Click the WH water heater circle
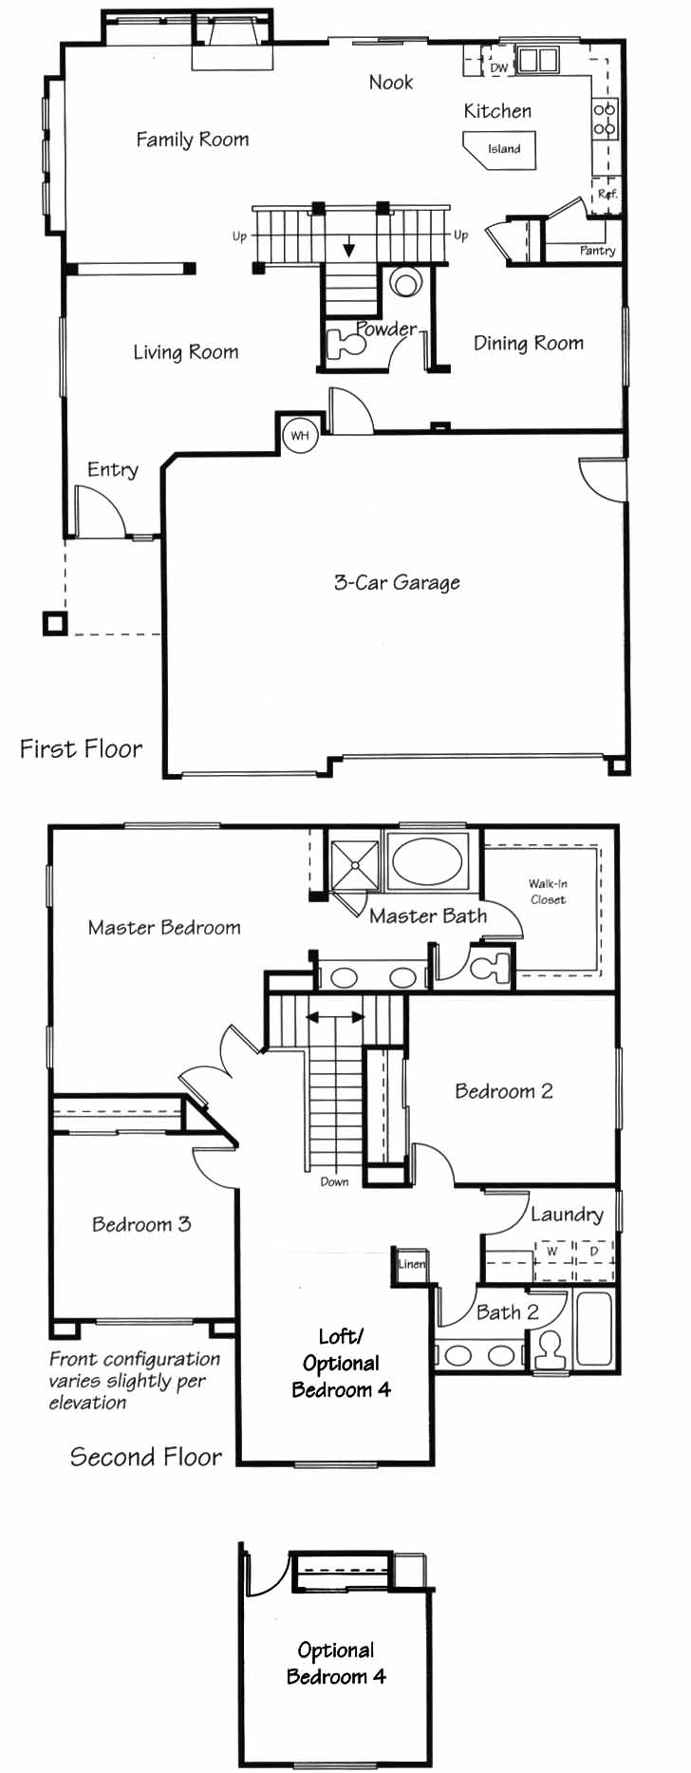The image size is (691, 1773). (x=300, y=436)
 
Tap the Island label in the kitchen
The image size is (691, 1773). (x=504, y=149)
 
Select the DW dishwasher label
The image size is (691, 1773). (x=499, y=68)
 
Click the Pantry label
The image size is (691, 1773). (x=597, y=251)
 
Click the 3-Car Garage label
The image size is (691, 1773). (x=397, y=582)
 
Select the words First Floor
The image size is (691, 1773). (x=82, y=748)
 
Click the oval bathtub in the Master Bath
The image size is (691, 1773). (x=427, y=861)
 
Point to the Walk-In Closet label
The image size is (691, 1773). (x=548, y=891)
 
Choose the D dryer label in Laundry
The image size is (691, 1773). (x=594, y=1251)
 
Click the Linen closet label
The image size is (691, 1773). (x=412, y=1264)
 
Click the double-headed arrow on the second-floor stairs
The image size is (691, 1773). (x=335, y=1017)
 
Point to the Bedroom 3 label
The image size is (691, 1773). (x=141, y=1224)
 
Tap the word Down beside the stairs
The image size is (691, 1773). (x=334, y=1181)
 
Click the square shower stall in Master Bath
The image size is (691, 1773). (x=353, y=863)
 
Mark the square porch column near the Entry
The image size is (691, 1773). (x=55, y=623)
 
